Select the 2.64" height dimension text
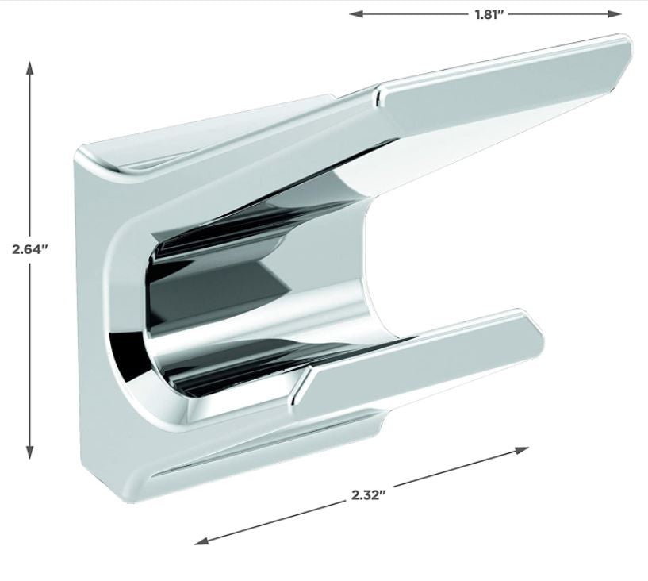[30, 248]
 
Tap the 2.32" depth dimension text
[368, 494]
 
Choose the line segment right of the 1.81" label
[563, 13]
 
